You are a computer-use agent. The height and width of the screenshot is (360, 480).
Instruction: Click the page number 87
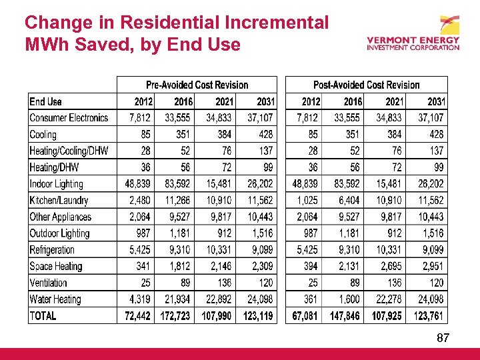click(x=443, y=339)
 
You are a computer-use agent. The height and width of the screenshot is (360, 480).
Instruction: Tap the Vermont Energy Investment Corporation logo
click(x=413, y=35)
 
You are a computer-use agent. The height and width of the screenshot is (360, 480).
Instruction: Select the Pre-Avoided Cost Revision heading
click(x=197, y=85)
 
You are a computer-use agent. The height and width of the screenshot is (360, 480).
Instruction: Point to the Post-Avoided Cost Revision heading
click(x=366, y=85)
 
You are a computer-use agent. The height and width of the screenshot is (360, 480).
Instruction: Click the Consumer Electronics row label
click(x=69, y=118)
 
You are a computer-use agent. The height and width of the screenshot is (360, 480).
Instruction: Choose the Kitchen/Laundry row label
click(x=59, y=200)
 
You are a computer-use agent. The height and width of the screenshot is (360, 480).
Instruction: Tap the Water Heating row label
click(x=55, y=299)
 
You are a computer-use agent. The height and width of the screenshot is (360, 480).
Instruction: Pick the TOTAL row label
click(x=43, y=316)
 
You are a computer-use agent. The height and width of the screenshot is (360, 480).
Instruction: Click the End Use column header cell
click(x=45, y=102)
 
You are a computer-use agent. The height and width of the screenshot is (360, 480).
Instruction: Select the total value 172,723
click(x=175, y=316)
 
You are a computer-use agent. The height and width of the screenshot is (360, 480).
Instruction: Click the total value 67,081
click(x=306, y=316)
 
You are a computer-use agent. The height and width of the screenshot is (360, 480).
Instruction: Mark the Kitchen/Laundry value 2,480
click(x=139, y=200)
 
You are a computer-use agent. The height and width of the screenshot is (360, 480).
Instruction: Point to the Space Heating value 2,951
click(x=431, y=267)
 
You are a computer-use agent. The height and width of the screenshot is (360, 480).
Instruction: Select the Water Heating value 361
click(x=309, y=299)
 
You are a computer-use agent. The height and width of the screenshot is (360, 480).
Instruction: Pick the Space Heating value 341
click(x=143, y=267)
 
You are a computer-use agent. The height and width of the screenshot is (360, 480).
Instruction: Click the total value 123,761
click(x=429, y=316)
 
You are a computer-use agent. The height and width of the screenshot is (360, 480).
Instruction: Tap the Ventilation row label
click(x=48, y=283)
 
